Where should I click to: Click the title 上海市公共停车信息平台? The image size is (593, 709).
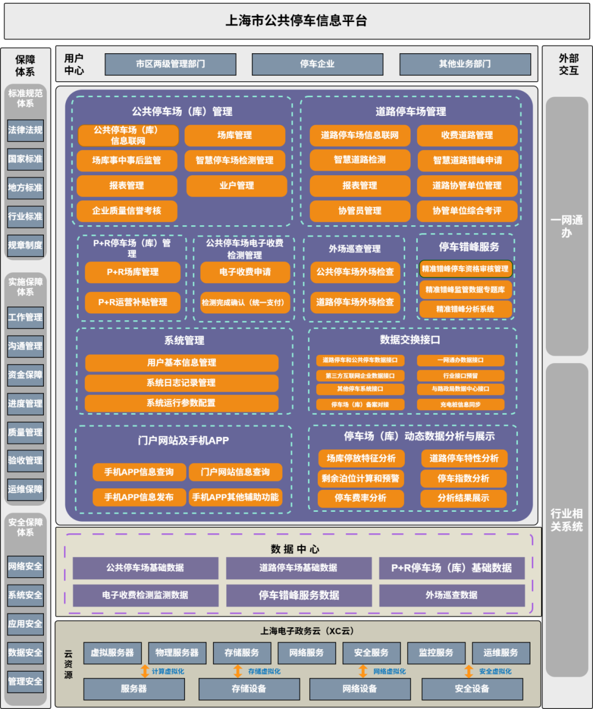296,21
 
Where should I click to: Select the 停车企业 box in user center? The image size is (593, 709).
317,64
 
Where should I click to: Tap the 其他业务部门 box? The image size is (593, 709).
465,64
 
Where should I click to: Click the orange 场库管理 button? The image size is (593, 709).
234,135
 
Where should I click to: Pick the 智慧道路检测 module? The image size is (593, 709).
360,160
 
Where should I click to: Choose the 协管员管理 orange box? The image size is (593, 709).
360,211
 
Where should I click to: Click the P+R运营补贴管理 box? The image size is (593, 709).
132,302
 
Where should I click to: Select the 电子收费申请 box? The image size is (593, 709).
244,272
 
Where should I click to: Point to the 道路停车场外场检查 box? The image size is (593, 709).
355,302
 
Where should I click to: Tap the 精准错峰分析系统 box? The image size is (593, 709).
465,309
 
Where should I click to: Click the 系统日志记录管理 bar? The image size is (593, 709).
181,383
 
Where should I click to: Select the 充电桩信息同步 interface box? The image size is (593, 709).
460,405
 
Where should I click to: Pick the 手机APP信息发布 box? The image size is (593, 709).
139,497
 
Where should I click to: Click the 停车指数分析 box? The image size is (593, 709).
463,478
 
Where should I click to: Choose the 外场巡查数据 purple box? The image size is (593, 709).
451,595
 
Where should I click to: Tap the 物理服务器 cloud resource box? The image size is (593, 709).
177,653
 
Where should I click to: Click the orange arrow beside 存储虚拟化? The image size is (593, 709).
238,671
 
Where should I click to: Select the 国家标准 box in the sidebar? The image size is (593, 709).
25,159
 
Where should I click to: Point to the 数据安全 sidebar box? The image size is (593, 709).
25,652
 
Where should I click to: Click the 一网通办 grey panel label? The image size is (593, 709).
567,226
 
